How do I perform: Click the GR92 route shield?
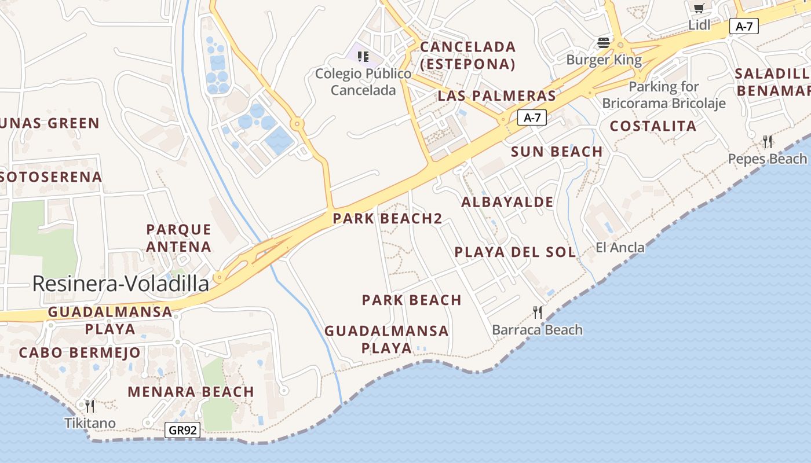[x=183, y=430]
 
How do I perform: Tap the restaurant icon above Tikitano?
[x=90, y=406]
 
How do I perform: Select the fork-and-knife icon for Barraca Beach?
[x=538, y=313]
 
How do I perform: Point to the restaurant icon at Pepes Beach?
[x=768, y=141]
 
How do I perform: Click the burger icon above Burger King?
[x=604, y=42]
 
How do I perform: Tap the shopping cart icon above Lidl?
[x=699, y=8]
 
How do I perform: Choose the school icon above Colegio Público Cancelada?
[x=363, y=56]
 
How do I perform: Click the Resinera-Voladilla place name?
[x=120, y=284]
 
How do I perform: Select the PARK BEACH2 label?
[x=388, y=219]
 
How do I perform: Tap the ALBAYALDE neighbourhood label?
[x=507, y=202]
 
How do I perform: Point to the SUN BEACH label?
[x=557, y=152]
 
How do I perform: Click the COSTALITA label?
[x=653, y=126]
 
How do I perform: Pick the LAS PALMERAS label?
[x=496, y=95]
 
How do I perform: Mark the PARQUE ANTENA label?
[x=178, y=238]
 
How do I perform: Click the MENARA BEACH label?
[x=191, y=392]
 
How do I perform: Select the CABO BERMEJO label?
[x=79, y=352]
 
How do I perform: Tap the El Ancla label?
[x=620, y=248]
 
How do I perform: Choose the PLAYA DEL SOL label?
[x=515, y=252]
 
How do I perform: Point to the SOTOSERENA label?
[x=51, y=177]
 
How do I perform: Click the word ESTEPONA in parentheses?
[x=467, y=64]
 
